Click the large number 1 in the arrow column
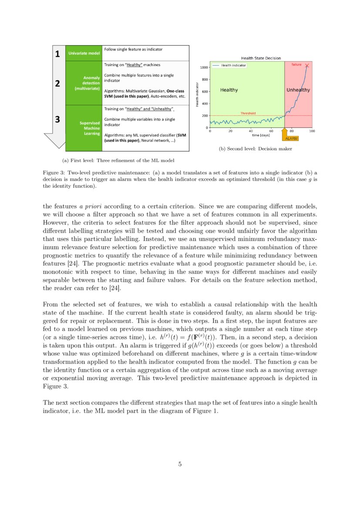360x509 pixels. pos(57,54)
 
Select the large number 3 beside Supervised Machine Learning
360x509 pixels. pos(57,119)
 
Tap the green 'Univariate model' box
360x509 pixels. pos(84,54)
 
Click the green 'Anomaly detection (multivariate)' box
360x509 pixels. pos(84,83)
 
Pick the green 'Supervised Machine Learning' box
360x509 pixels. pos(84,128)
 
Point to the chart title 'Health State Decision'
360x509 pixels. pos(261,58)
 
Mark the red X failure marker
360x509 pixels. pos(307,66)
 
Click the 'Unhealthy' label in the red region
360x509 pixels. pos(298,90)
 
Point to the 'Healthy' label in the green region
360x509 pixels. pos(229,90)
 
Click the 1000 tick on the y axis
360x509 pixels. pos(203,68)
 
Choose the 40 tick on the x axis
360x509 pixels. pos(251,131)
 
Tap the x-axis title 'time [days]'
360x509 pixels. pos(261,135)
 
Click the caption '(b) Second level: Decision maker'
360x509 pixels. pos(255,149)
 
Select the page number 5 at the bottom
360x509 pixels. pos(180,464)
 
